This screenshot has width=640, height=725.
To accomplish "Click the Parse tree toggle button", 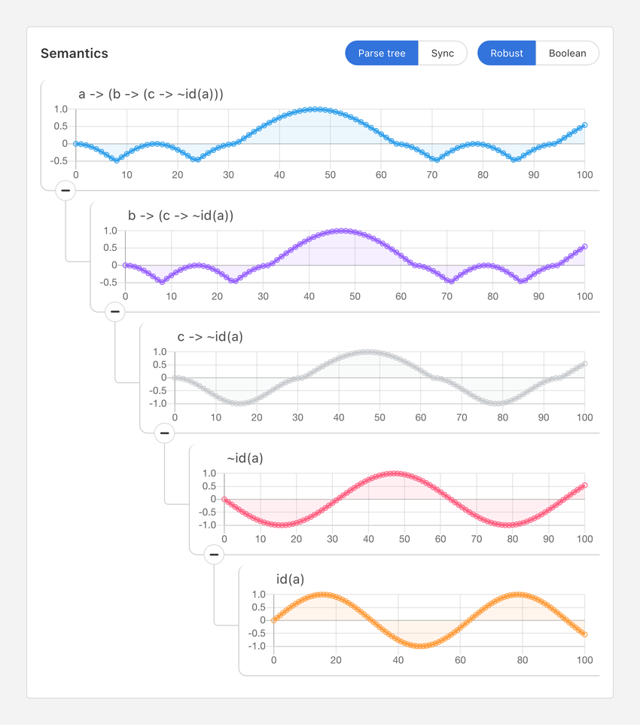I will coord(382,54).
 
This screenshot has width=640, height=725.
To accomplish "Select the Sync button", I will coord(443,54).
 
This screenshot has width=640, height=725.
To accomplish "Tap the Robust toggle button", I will coord(507,54).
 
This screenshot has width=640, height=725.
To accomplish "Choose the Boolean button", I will coord(567,54).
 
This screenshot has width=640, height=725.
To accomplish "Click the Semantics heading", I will coord(75,54).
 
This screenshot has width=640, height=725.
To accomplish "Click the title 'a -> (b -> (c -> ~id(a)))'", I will coord(151,94).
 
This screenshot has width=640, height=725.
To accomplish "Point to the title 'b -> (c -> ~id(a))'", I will coord(181,216).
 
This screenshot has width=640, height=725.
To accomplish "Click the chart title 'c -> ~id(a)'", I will coord(210,337).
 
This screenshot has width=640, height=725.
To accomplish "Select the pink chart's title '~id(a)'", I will coord(245,458).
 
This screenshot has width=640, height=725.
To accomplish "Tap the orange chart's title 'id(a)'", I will coord(290,580).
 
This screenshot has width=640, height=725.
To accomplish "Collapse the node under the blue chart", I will coord(66,191).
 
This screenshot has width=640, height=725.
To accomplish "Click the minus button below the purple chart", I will coord(115,311).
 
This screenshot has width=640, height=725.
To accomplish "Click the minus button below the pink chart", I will coord(215,555).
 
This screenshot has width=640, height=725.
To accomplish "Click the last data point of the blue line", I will coord(584,125).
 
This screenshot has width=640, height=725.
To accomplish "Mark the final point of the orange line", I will coord(584,635).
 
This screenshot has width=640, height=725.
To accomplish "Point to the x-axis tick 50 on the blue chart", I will coord(330,175).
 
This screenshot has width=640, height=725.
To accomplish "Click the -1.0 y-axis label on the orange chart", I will coord(258,647).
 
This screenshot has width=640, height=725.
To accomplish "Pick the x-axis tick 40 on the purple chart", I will coord(309,296).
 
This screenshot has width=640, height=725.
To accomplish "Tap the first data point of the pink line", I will coord(224,499).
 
